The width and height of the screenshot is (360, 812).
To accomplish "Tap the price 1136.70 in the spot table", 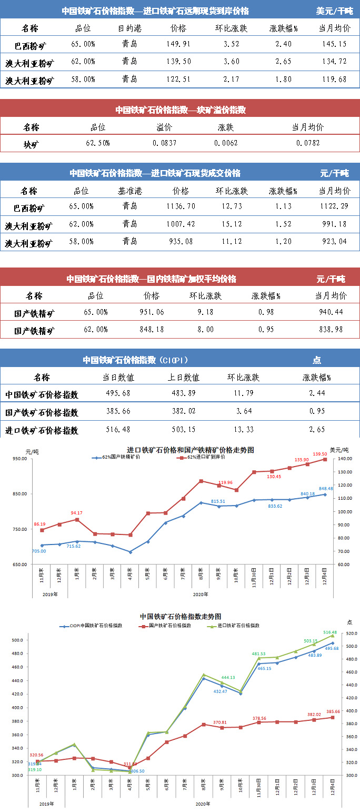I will click(x=181, y=206).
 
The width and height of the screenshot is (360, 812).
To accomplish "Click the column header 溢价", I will click(x=164, y=127).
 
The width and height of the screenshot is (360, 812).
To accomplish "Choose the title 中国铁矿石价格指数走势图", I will click(x=180, y=616).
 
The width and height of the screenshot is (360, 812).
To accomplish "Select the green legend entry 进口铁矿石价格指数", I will click(x=238, y=626).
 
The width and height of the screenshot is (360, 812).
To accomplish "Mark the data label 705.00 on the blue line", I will click(x=39, y=551).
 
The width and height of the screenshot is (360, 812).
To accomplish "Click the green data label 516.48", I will click(x=329, y=632).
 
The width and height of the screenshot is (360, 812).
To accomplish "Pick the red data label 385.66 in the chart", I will click(x=332, y=711).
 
